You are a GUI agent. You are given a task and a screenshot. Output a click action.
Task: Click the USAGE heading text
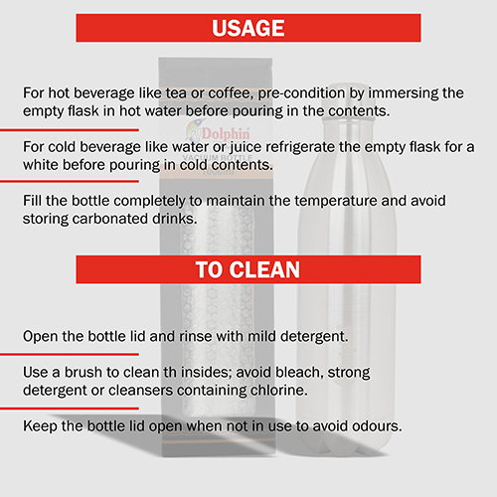(x=248, y=28)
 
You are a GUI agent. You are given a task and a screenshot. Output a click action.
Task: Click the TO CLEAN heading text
(x=248, y=269)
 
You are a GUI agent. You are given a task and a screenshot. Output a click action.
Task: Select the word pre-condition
(x=301, y=93)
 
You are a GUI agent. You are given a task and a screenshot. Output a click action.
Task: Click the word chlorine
(x=278, y=390)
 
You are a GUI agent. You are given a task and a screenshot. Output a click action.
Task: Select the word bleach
(x=299, y=373)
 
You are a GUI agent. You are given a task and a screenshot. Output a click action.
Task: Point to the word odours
(x=377, y=426)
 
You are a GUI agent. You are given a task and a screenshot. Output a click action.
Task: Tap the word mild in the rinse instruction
(x=261, y=336)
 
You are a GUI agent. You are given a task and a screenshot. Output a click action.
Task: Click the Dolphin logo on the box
(x=218, y=133)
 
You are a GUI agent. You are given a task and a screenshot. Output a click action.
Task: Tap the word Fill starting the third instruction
(x=33, y=201)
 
